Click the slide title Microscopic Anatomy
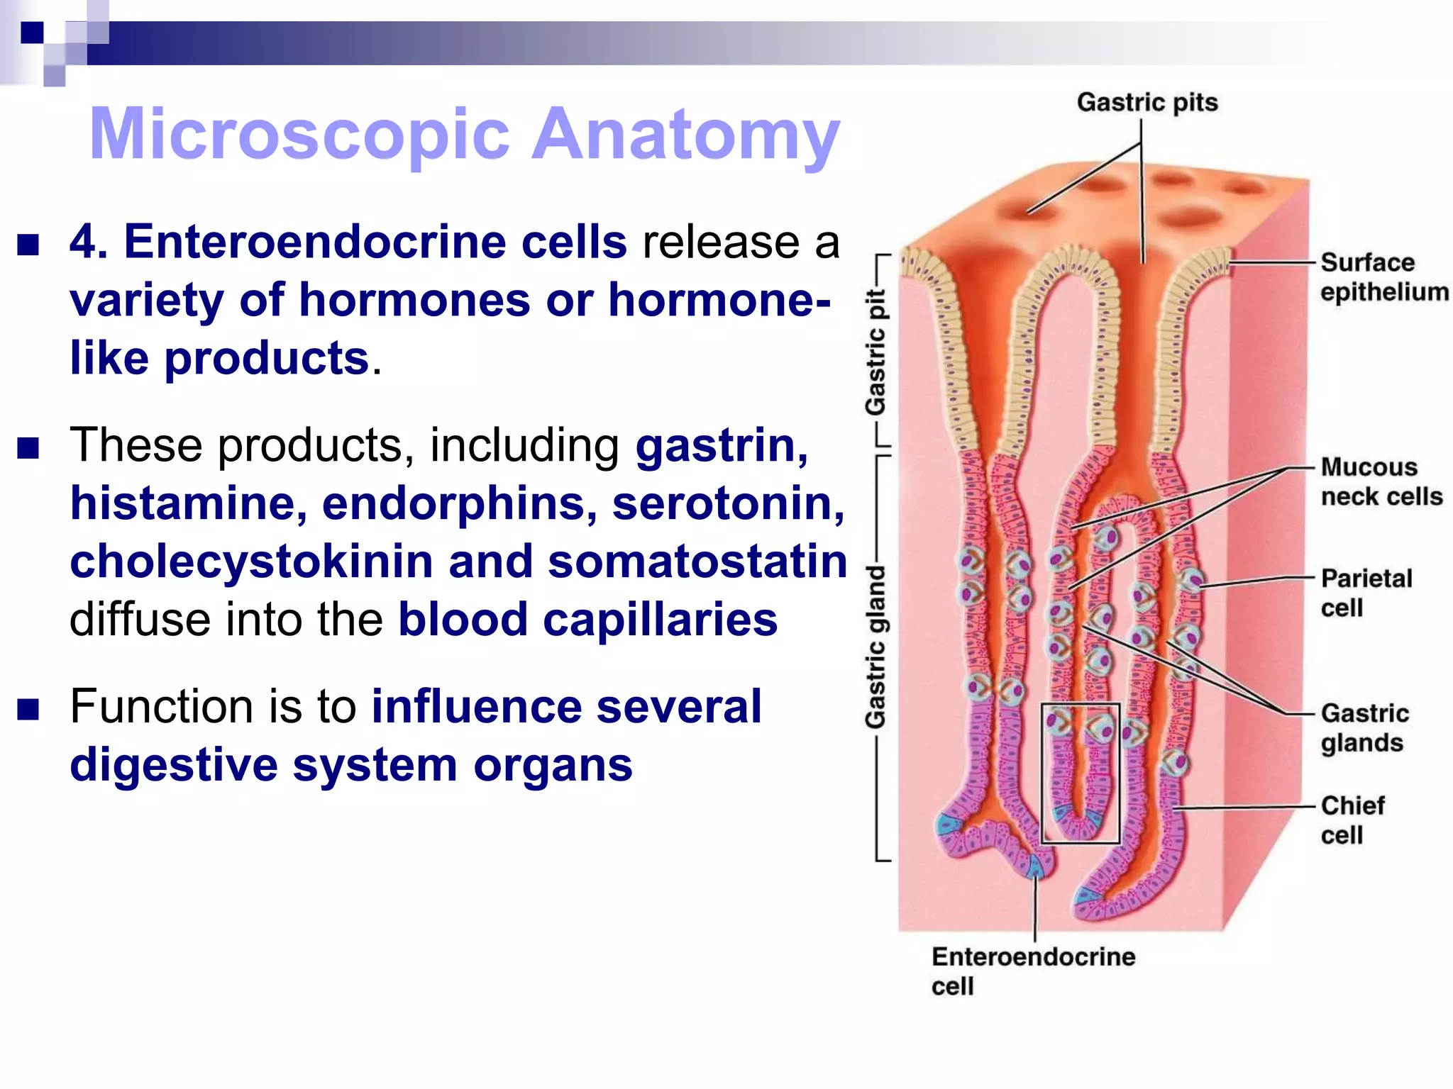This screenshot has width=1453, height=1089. tap(464, 135)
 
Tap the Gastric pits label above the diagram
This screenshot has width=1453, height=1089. tap(1147, 103)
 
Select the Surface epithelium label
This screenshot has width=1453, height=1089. tap(1383, 277)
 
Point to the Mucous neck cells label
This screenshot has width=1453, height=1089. tap(1381, 482)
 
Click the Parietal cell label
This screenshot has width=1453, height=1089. tap(1366, 593)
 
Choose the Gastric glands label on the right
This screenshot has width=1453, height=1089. tap(1364, 727)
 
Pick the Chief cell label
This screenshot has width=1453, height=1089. tap(1352, 820)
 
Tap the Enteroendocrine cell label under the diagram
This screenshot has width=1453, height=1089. tap(1033, 971)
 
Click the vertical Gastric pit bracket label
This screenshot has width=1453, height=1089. tap(876, 352)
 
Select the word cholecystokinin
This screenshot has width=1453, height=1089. tap(251, 562)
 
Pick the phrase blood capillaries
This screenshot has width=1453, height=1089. tap(587, 620)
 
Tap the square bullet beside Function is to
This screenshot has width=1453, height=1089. tap(28, 709)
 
